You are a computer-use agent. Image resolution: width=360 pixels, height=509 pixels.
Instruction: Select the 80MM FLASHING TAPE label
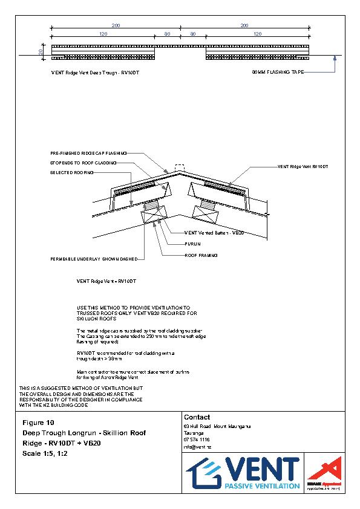(278, 72)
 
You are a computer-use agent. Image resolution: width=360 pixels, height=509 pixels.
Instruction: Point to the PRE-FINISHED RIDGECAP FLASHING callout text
(88, 154)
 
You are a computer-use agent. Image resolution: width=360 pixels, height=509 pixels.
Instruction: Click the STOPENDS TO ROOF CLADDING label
(83, 163)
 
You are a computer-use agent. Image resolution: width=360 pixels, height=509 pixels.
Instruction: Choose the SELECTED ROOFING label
(72, 173)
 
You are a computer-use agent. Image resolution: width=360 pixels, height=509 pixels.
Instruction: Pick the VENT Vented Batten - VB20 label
(205, 233)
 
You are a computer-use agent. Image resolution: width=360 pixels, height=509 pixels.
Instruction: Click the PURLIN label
(192, 244)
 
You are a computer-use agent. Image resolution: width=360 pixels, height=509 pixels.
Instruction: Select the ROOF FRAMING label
(201, 255)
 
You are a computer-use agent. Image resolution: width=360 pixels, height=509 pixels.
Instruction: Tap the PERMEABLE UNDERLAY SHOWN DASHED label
(94, 259)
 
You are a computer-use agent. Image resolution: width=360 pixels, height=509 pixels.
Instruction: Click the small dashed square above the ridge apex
(178, 166)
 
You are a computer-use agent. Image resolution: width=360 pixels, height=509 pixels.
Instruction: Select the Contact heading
(197, 417)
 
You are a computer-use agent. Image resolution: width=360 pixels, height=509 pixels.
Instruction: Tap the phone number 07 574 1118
(196, 439)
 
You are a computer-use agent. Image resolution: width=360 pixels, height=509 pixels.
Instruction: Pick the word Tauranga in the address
(193, 433)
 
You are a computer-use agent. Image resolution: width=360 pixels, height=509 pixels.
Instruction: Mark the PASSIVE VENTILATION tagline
(261, 485)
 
